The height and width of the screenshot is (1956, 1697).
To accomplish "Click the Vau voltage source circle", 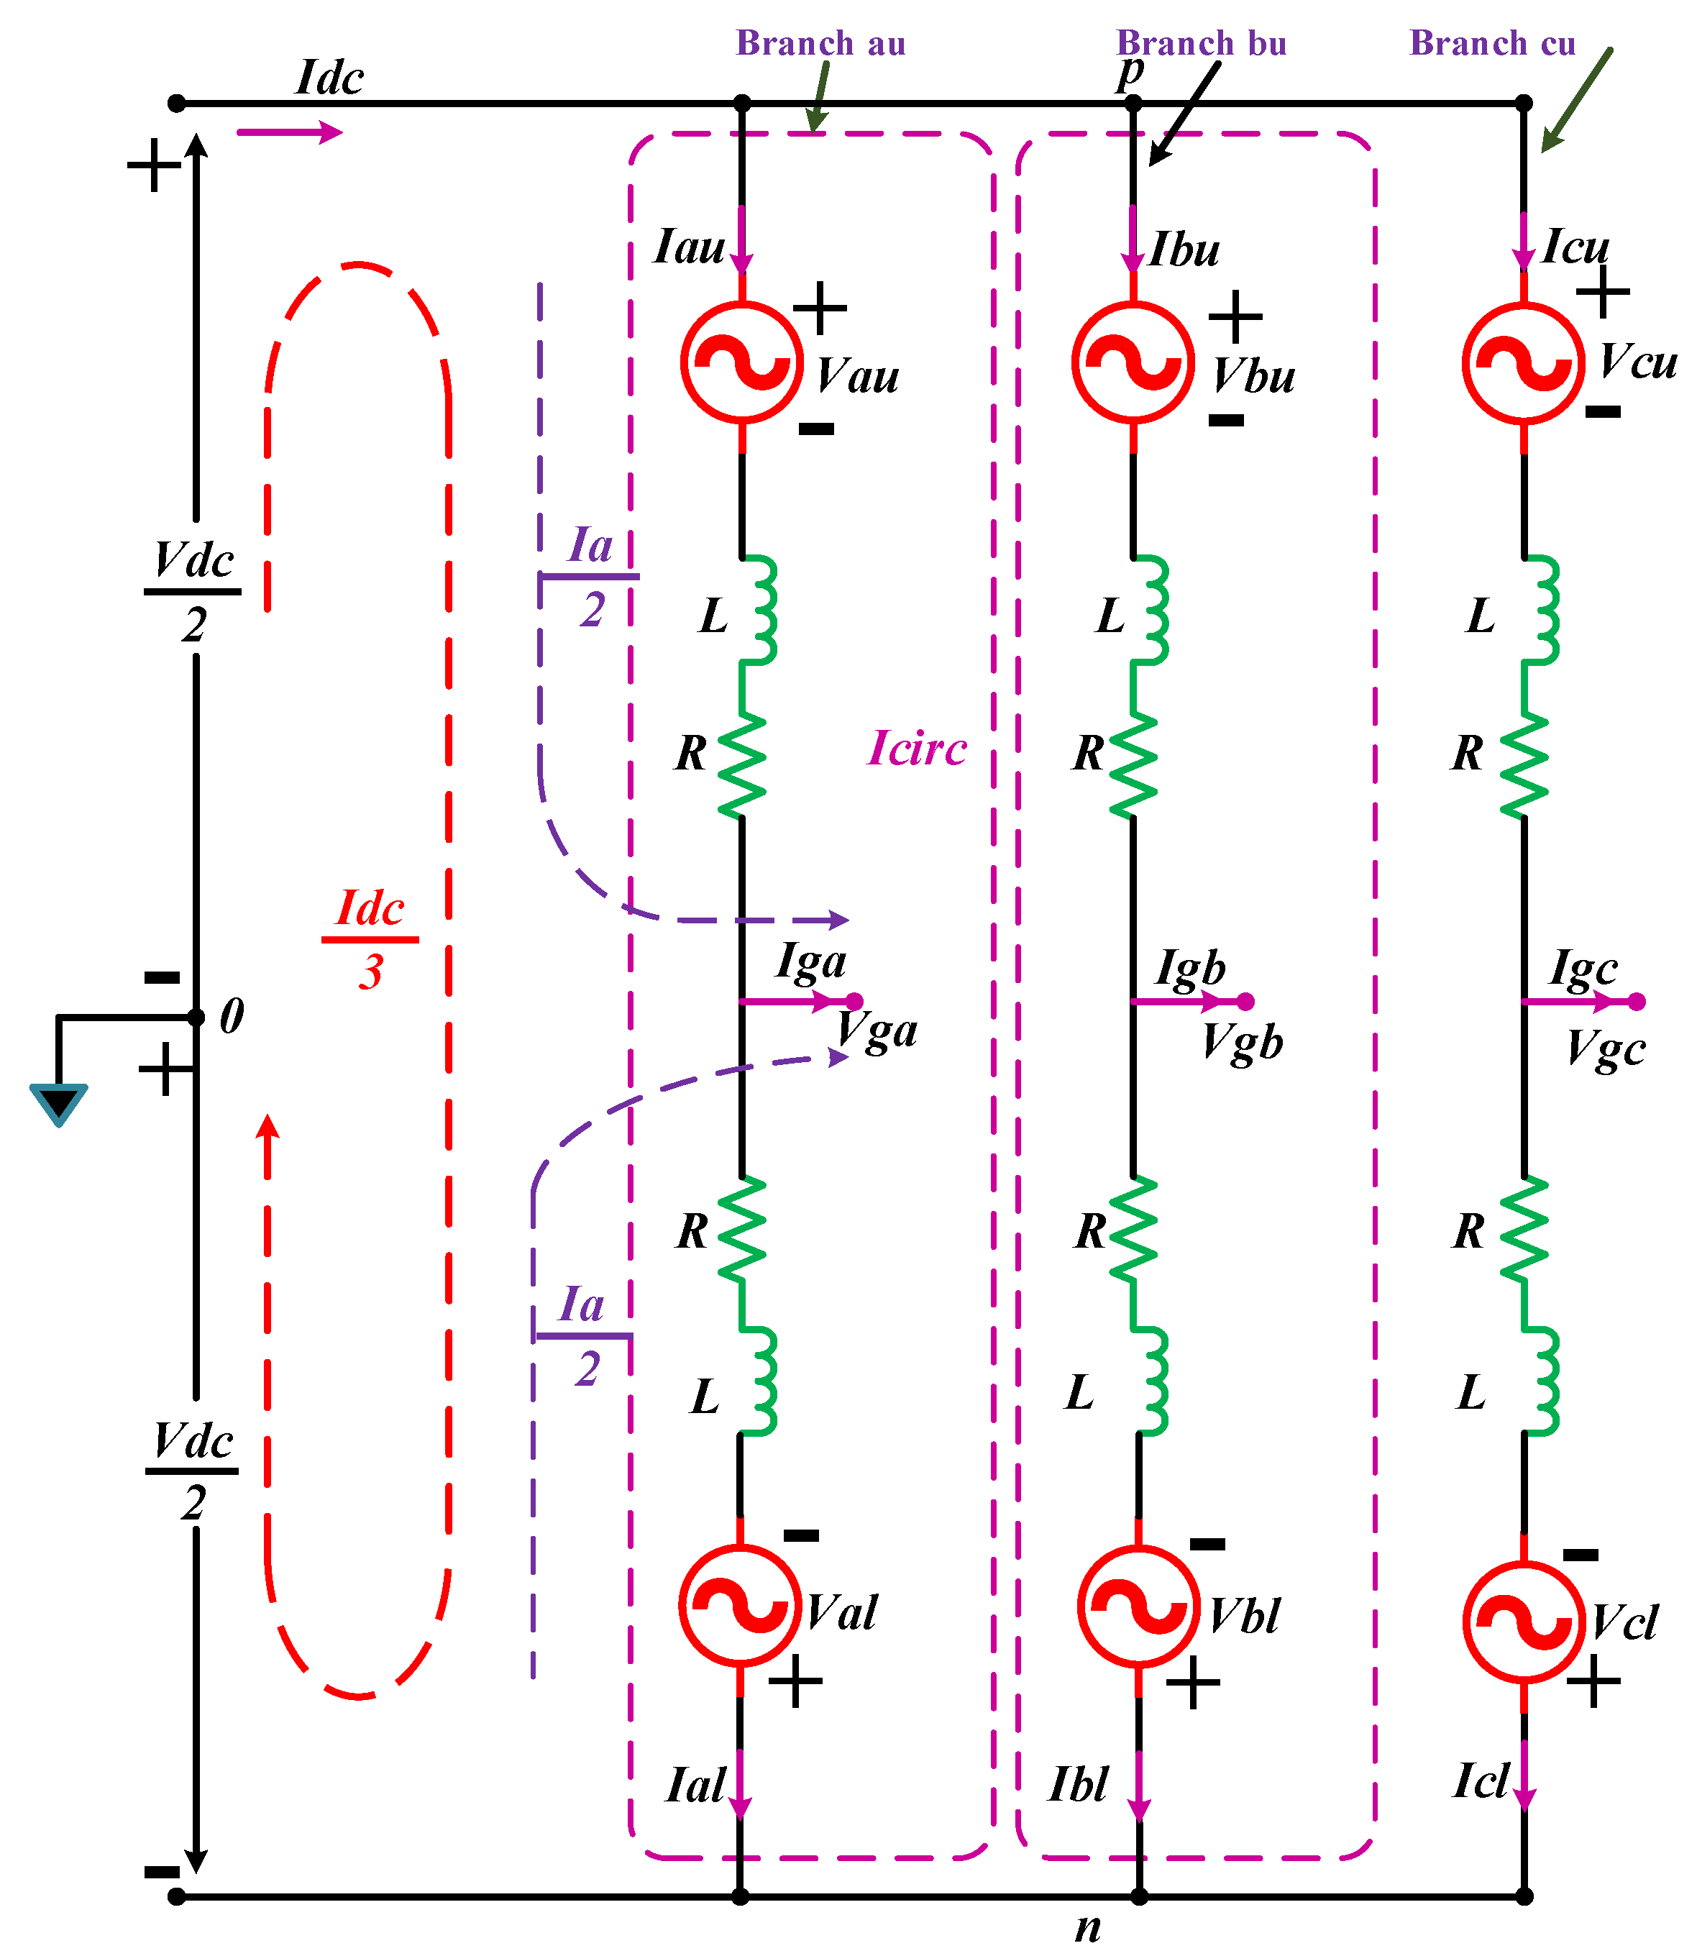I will coord(741,362).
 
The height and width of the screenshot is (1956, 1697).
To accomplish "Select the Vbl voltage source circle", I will coord(1139,1607).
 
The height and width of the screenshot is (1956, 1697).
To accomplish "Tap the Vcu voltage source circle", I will coord(1523,362).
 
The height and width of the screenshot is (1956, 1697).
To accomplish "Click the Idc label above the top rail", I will coord(329,78).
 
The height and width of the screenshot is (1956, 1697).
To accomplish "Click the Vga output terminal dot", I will coord(854,1001).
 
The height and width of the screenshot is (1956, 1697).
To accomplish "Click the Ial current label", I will coord(695,1785).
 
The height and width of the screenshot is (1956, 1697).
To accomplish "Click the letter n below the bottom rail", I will coord(1088,1927).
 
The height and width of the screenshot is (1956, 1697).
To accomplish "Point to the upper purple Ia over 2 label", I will coord(590,576).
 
